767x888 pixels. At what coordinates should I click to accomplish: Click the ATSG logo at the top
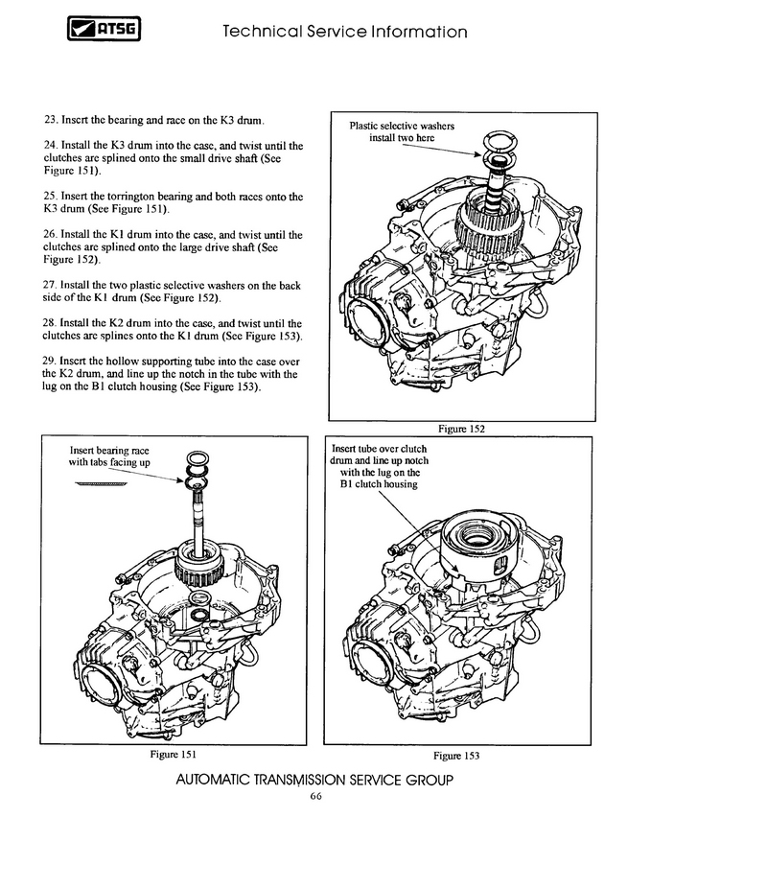[x=104, y=33]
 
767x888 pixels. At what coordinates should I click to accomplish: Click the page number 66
[x=315, y=798]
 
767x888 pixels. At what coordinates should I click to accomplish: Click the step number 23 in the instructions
[x=51, y=121]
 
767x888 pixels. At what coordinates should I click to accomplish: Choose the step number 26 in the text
[x=51, y=235]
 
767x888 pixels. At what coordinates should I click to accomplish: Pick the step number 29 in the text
[x=51, y=361]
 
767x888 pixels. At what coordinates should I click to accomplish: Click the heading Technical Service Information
[x=344, y=33]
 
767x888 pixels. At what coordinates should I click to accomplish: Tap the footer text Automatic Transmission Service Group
[x=314, y=780]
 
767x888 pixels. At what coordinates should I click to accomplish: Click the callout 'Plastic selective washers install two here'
[x=402, y=131]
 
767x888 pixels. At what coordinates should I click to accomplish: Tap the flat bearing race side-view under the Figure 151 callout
[x=100, y=484]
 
